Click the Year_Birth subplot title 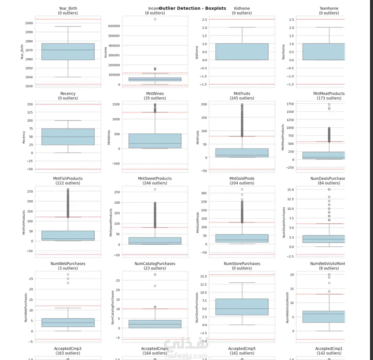coord(67,8)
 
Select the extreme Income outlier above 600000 coord(155,19)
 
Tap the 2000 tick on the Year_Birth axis coord(29,23)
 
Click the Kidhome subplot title coord(242,8)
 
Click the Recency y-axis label coord(24,135)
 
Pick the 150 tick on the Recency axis coord(29,104)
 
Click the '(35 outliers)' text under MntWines coord(155,98)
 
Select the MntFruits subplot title coord(242,93)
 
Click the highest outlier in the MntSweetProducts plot coord(155,189)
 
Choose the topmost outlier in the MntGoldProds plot coord(242,189)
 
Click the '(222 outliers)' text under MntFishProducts coord(68,183)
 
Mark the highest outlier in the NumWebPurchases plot coord(68,275)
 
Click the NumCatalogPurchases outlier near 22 coord(155,286)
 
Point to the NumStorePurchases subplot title coord(242,263)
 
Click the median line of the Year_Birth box coord(68,50)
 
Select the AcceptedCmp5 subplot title coord(242,348)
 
